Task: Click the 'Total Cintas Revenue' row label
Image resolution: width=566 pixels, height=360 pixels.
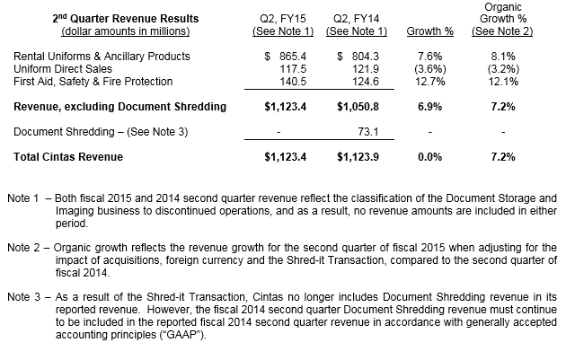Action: click(x=68, y=156)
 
